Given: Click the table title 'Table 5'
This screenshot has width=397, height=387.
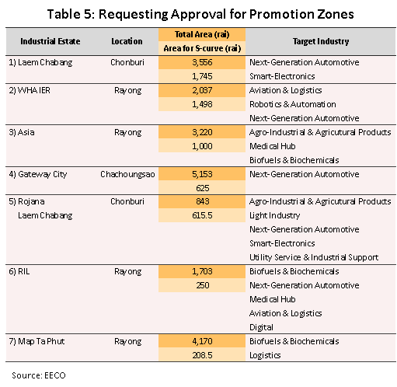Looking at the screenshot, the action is point(69,14).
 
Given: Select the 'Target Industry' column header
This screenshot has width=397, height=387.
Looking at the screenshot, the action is point(321,41).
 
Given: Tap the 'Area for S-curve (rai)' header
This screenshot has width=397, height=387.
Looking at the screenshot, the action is point(202,48).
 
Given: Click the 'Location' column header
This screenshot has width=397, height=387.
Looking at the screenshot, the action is point(127,41).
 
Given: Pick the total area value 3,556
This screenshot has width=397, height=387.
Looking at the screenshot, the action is point(202,62).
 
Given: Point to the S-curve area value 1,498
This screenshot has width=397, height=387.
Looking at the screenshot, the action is point(202,104).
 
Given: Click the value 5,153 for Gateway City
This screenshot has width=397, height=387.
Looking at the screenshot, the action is point(202,174).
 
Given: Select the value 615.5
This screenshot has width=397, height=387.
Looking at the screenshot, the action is point(202,215).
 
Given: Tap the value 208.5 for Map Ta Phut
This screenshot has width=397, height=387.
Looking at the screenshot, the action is point(202,355).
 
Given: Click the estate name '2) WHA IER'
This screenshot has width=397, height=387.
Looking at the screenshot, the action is point(30,90).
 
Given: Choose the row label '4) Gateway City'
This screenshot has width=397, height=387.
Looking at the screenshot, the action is point(38,174).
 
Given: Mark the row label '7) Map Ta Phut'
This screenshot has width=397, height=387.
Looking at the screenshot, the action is point(37,341).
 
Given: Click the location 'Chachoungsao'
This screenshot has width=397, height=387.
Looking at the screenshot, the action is point(127,174).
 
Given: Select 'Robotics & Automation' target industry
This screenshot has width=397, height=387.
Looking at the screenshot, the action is point(293,104).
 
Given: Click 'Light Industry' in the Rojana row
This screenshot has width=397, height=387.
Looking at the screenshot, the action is point(275,215).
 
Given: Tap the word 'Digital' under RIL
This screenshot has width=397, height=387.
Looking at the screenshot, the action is point(261,327).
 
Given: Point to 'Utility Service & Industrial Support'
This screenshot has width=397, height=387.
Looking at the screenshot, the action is point(314,257).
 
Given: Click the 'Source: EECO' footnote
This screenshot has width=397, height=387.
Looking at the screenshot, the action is point(39,375).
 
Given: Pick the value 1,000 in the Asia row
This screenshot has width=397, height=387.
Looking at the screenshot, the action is point(202,146).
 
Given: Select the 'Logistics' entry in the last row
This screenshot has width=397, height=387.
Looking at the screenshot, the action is point(265,355).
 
